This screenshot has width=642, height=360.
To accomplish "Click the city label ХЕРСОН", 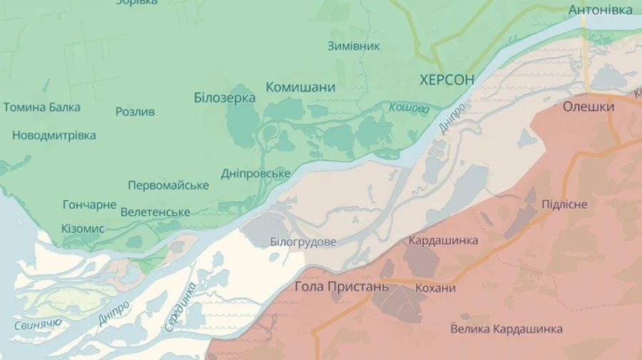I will pos(447,80).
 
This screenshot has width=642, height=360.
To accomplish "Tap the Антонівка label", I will pos(600,10).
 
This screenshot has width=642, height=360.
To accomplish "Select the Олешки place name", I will pos(588,106).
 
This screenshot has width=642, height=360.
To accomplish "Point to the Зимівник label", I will pos(353,46).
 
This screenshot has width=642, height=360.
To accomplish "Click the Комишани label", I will pos(300,87).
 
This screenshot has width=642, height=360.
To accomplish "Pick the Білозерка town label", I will pos(225,98).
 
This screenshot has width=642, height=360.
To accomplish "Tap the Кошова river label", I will pos(409,108).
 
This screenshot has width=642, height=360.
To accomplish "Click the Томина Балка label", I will pos(41,108).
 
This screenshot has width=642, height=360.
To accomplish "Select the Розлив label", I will pos(135,112).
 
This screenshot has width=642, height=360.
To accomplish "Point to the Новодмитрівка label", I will pos(54,135).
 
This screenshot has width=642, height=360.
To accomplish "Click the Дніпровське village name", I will pos(255,174).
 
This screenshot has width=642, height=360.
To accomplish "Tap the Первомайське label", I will pos(168,185).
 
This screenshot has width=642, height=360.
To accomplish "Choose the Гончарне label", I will pos(89,205).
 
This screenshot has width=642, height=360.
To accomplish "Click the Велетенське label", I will pos(156,212).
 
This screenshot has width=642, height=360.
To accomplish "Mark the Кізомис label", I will pos(83,229).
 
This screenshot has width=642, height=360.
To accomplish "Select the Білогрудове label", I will pos(303,242).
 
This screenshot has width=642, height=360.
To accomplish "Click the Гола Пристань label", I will pos(342,287).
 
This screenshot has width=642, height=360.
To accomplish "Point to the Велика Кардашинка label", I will pos(506,329).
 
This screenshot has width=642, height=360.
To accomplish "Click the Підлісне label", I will pos(564,205).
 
